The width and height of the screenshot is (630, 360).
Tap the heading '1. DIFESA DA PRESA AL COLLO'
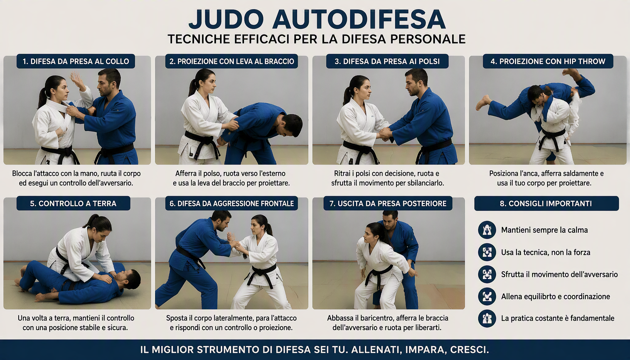point(76,61)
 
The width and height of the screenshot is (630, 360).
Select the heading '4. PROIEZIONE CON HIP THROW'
point(548,61)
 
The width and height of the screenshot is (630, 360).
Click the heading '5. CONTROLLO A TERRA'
point(73,204)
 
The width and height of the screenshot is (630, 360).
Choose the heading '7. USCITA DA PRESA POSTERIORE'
point(388,204)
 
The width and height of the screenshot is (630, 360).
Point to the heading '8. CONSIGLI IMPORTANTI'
point(546,204)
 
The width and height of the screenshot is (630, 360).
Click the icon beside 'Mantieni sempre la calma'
point(487,230)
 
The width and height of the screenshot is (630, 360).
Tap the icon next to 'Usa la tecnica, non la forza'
point(487,252)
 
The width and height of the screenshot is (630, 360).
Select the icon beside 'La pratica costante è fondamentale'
point(487,318)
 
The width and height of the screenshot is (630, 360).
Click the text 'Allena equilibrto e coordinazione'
point(555,296)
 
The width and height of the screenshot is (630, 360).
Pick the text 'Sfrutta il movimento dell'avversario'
point(559,274)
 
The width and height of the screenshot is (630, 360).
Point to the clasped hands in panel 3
point(385,134)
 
